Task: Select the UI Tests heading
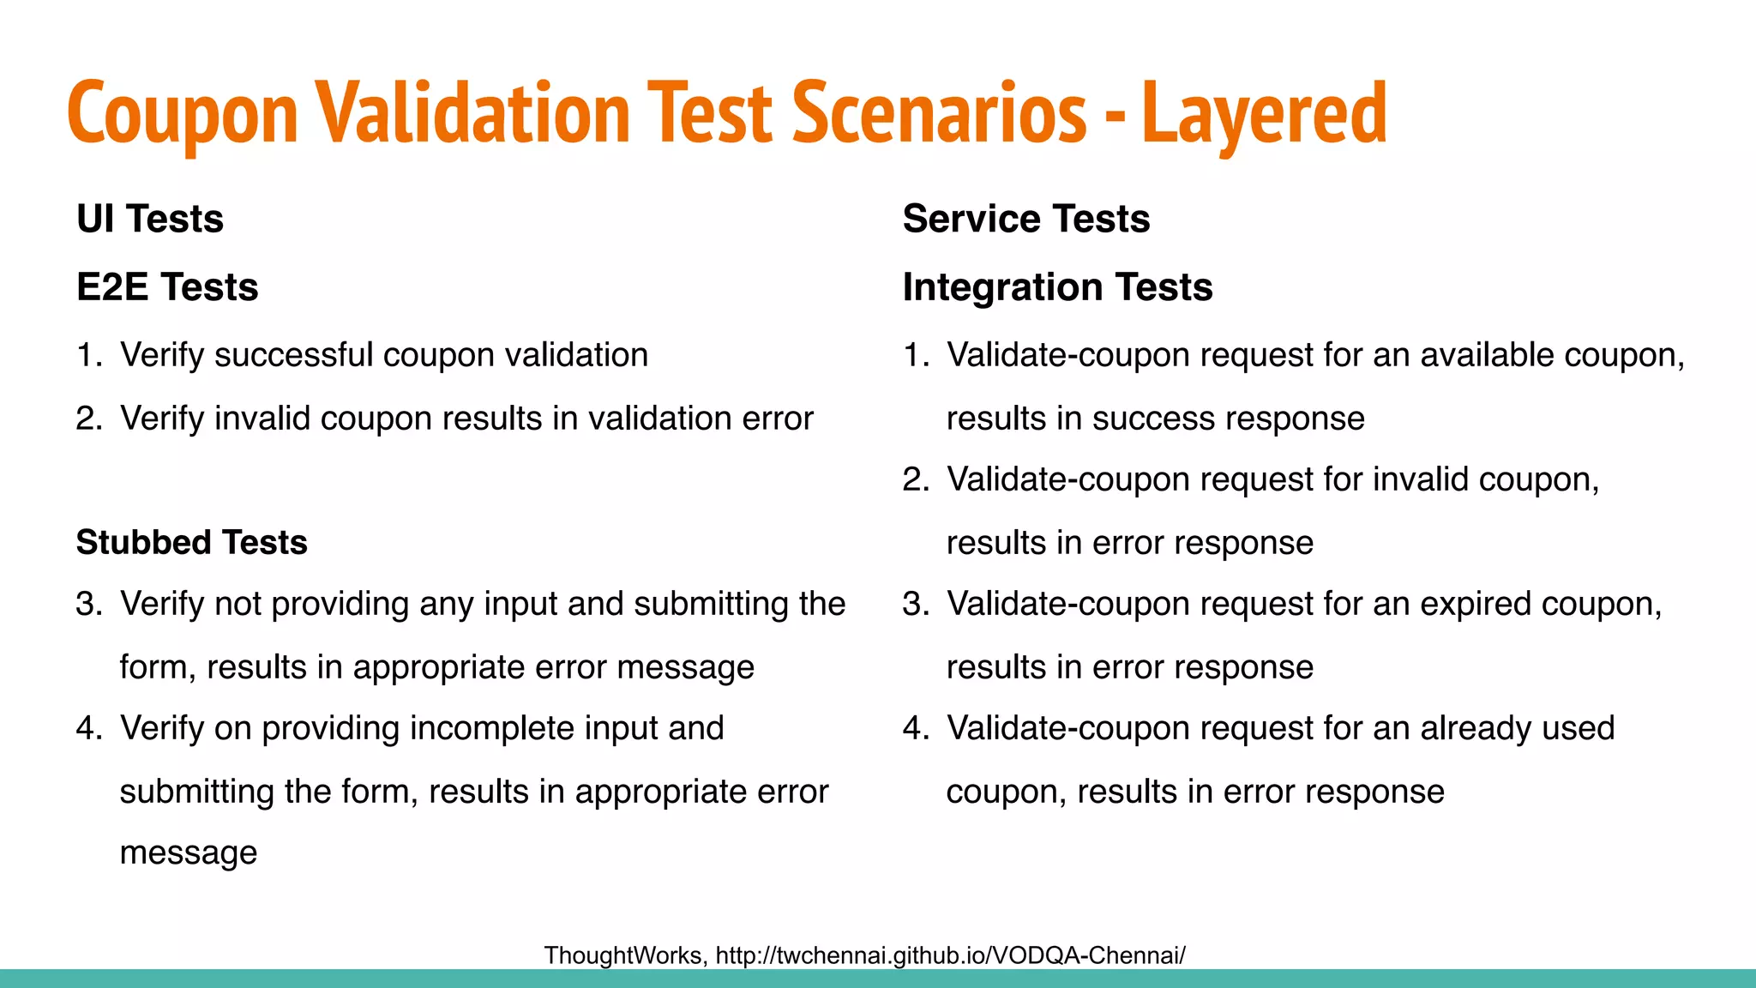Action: [150, 220]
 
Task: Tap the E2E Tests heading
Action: [167, 287]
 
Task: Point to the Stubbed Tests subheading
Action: [191, 543]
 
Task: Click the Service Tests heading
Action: [1026, 220]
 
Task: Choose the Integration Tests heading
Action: [1057, 287]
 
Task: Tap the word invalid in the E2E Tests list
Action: [262, 419]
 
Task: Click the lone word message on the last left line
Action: [188, 852]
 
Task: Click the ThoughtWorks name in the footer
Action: [624, 955]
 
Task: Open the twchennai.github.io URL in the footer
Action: [950, 955]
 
